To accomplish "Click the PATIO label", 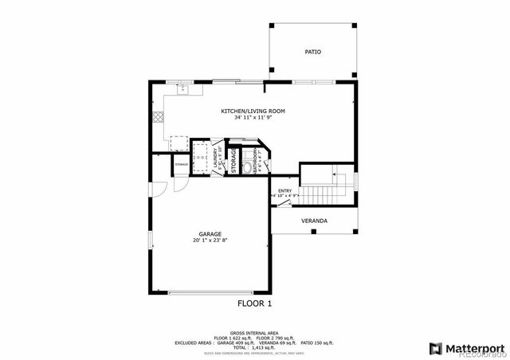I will (312, 52).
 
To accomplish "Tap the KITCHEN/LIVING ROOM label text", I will (253, 111).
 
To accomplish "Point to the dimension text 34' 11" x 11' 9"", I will (253, 118).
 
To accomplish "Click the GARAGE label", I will (210, 234).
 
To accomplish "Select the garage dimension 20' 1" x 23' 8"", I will (210, 241).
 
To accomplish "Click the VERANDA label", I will (314, 221).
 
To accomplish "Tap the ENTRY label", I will (284, 190).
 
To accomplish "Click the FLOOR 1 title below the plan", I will (255, 303).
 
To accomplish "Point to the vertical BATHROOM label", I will (256, 159).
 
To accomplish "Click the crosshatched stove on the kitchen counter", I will (159, 116).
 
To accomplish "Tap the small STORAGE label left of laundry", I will (182, 164).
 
